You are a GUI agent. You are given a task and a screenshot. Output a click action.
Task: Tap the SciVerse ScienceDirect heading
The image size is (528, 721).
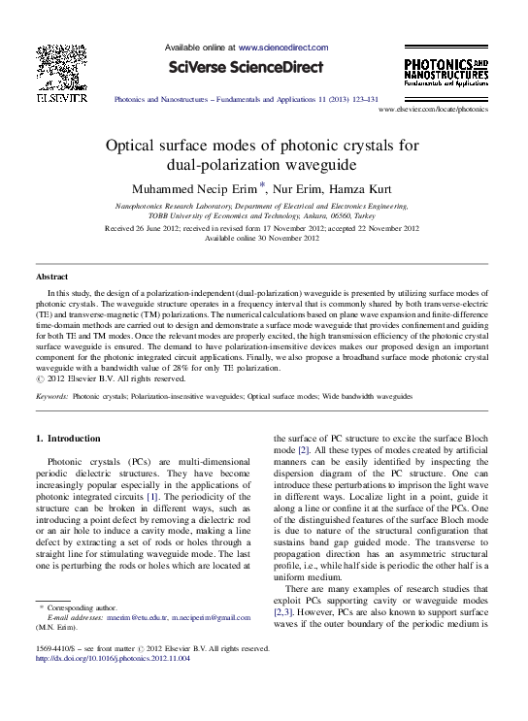(x=247, y=68)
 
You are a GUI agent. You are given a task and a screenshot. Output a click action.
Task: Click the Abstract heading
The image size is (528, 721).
(x=51, y=278)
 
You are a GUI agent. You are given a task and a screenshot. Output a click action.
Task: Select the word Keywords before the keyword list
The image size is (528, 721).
(x=50, y=398)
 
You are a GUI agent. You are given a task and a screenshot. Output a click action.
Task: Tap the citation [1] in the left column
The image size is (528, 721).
(x=151, y=497)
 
